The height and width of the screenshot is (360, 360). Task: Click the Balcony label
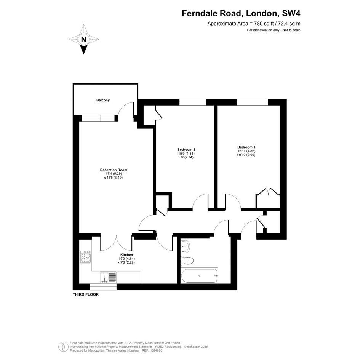(103, 100)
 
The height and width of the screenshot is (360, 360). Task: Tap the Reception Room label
(114, 170)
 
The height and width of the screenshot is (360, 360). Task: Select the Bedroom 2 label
(186, 149)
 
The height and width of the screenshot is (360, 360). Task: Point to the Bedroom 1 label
(246, 147)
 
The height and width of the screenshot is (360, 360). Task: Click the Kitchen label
(127, 255)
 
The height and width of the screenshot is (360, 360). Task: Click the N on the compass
(84, 40)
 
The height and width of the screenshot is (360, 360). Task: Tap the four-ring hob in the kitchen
(85, 257)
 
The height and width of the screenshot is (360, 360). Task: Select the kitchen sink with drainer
(108, 277)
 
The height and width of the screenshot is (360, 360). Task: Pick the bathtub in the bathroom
(199, 275)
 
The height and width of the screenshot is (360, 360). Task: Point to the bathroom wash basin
(185, 246)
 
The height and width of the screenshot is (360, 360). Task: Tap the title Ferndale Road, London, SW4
(241, 14)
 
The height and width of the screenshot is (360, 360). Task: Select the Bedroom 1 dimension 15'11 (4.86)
(246, 151)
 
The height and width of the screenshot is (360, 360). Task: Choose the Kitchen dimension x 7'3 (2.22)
(126, 262)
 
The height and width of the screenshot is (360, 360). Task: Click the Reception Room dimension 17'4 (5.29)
(114, 174)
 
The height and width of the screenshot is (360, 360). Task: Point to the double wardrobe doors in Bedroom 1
(268, 192)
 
